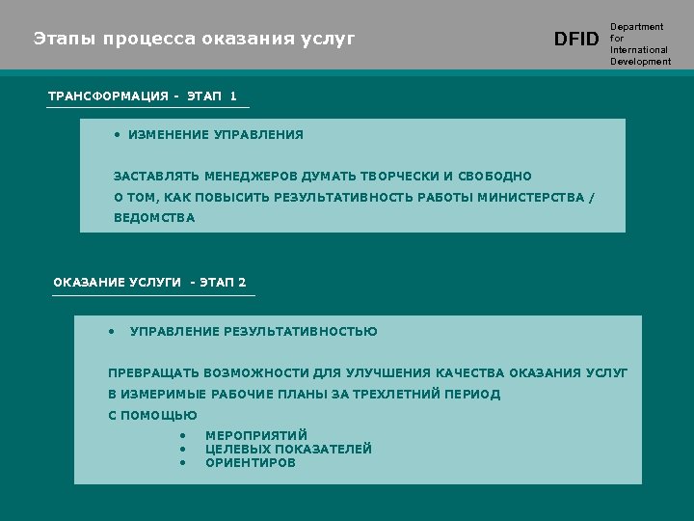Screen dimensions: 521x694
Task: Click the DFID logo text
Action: pyautogui.click(x=576, y=40)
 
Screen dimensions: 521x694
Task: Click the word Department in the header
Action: pyautogui.click(x=637, y=27)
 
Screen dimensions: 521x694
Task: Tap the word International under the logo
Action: pyautogui.click(x=638, y=50)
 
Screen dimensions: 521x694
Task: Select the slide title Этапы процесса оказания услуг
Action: pyautogui.click(x=195, y=40)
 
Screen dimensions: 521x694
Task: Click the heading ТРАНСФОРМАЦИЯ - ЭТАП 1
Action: pyautogui.click(x=143, y=96)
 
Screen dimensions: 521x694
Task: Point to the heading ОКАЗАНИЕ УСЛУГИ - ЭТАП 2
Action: pyautogui.click(x=149, y=283)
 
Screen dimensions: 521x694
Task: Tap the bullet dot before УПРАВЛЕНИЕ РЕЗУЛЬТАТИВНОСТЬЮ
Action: pyautogui.click(x=113, y=331)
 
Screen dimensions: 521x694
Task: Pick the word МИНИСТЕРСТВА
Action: pyautogui.click(x=537, y=198)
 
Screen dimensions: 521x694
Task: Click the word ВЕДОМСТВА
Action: pyautogui.click(x=154, y=218)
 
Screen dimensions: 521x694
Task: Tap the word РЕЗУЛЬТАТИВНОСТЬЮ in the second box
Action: pyautogui.click(x=301, y=332)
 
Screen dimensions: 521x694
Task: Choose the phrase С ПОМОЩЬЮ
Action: pyautogui.click(x=152, y=416)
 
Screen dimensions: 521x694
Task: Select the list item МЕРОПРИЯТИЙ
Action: pyautogui.click(x=256, y=436)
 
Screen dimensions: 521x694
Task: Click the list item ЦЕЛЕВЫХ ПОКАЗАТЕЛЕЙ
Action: pyautogui.click(x=288, y=450)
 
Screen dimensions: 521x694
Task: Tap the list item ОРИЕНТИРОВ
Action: pyautogui.click(x=251, y=463)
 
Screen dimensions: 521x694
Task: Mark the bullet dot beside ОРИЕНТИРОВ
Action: pyautogui.click(x=181, y=463)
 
